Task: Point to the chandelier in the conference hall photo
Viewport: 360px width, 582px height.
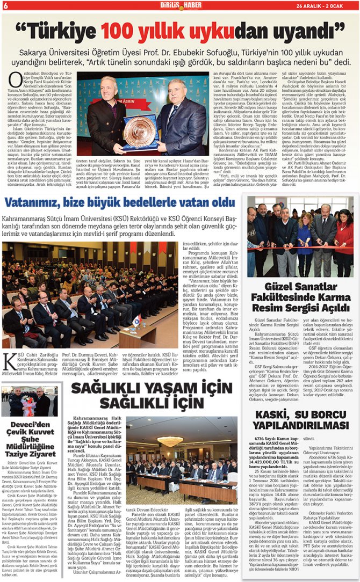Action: pos(170,440)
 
